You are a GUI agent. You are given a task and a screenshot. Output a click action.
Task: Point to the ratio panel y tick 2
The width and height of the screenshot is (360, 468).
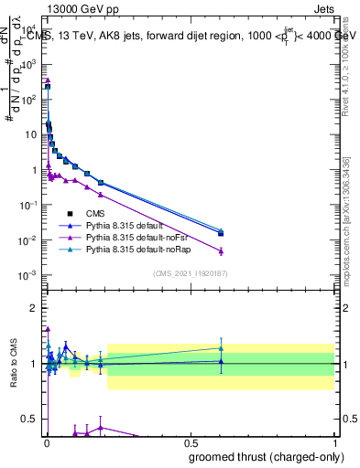pos(34,308)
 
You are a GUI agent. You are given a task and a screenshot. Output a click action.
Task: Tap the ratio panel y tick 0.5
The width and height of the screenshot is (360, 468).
pos(30,419)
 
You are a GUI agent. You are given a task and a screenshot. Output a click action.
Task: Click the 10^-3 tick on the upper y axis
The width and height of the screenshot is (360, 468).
pos(27,275)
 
